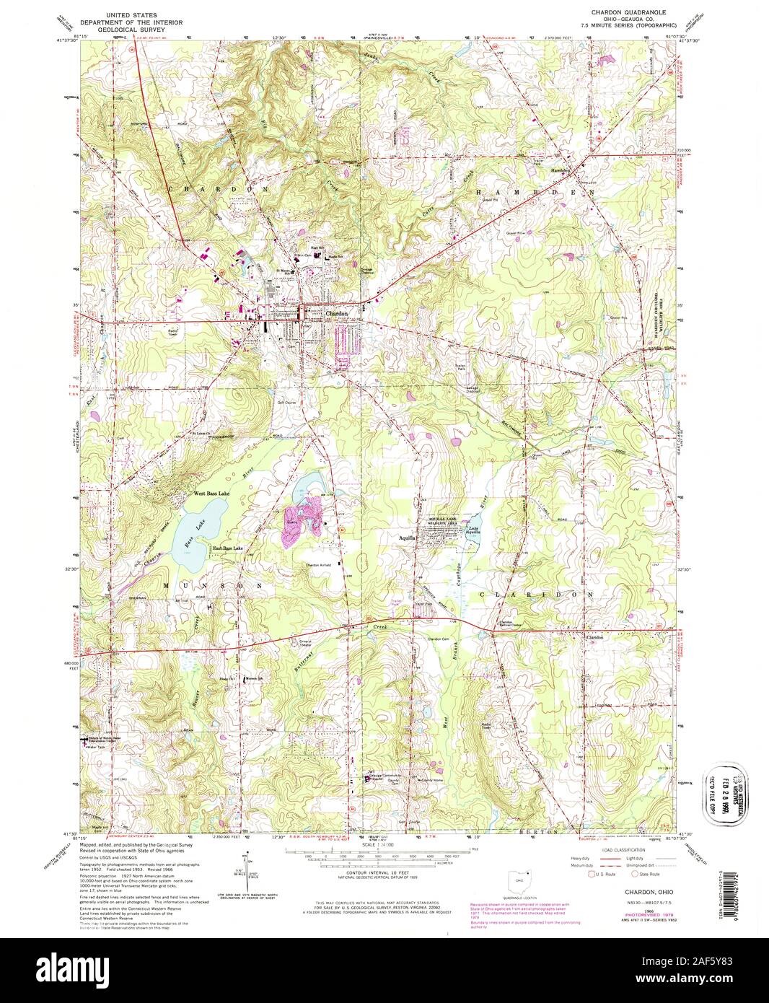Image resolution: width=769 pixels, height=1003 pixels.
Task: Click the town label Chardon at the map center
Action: point(337,315)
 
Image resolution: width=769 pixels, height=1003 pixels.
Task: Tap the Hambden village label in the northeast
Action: point(561,170)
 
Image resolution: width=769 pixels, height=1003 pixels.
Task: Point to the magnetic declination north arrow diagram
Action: point(247,870)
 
